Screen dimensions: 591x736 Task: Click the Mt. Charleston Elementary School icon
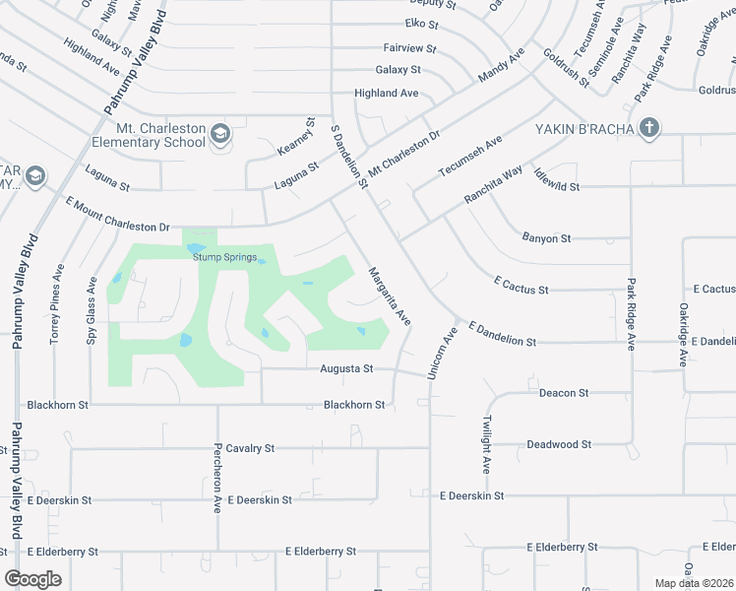coord(219,134)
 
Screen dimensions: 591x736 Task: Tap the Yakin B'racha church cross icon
coord(648,127)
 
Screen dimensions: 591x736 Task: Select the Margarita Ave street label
coord(389,296)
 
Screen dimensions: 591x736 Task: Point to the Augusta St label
coord(346,368)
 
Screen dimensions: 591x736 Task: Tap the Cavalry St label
coord(248,448)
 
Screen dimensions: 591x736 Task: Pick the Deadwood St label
coord(558,444)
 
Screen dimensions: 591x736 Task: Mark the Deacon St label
coord(564,393)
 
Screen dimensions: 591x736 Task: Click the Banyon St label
coord(546,238)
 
